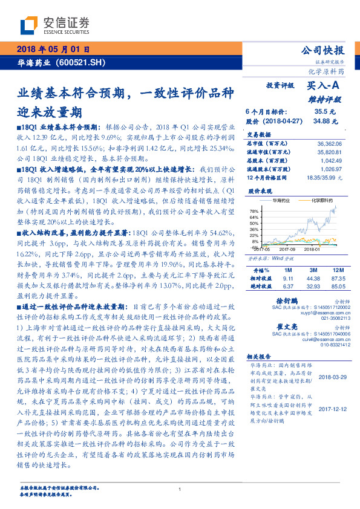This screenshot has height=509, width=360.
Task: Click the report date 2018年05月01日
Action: (55, 49)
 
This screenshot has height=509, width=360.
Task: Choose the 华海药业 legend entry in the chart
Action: (281, 199)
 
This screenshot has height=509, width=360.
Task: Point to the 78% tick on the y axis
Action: (255, 210)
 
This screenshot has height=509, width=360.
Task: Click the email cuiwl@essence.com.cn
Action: (319, 340)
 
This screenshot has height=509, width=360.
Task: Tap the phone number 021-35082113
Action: (327, 317)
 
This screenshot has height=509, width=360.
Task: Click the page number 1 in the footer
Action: (180, 488)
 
